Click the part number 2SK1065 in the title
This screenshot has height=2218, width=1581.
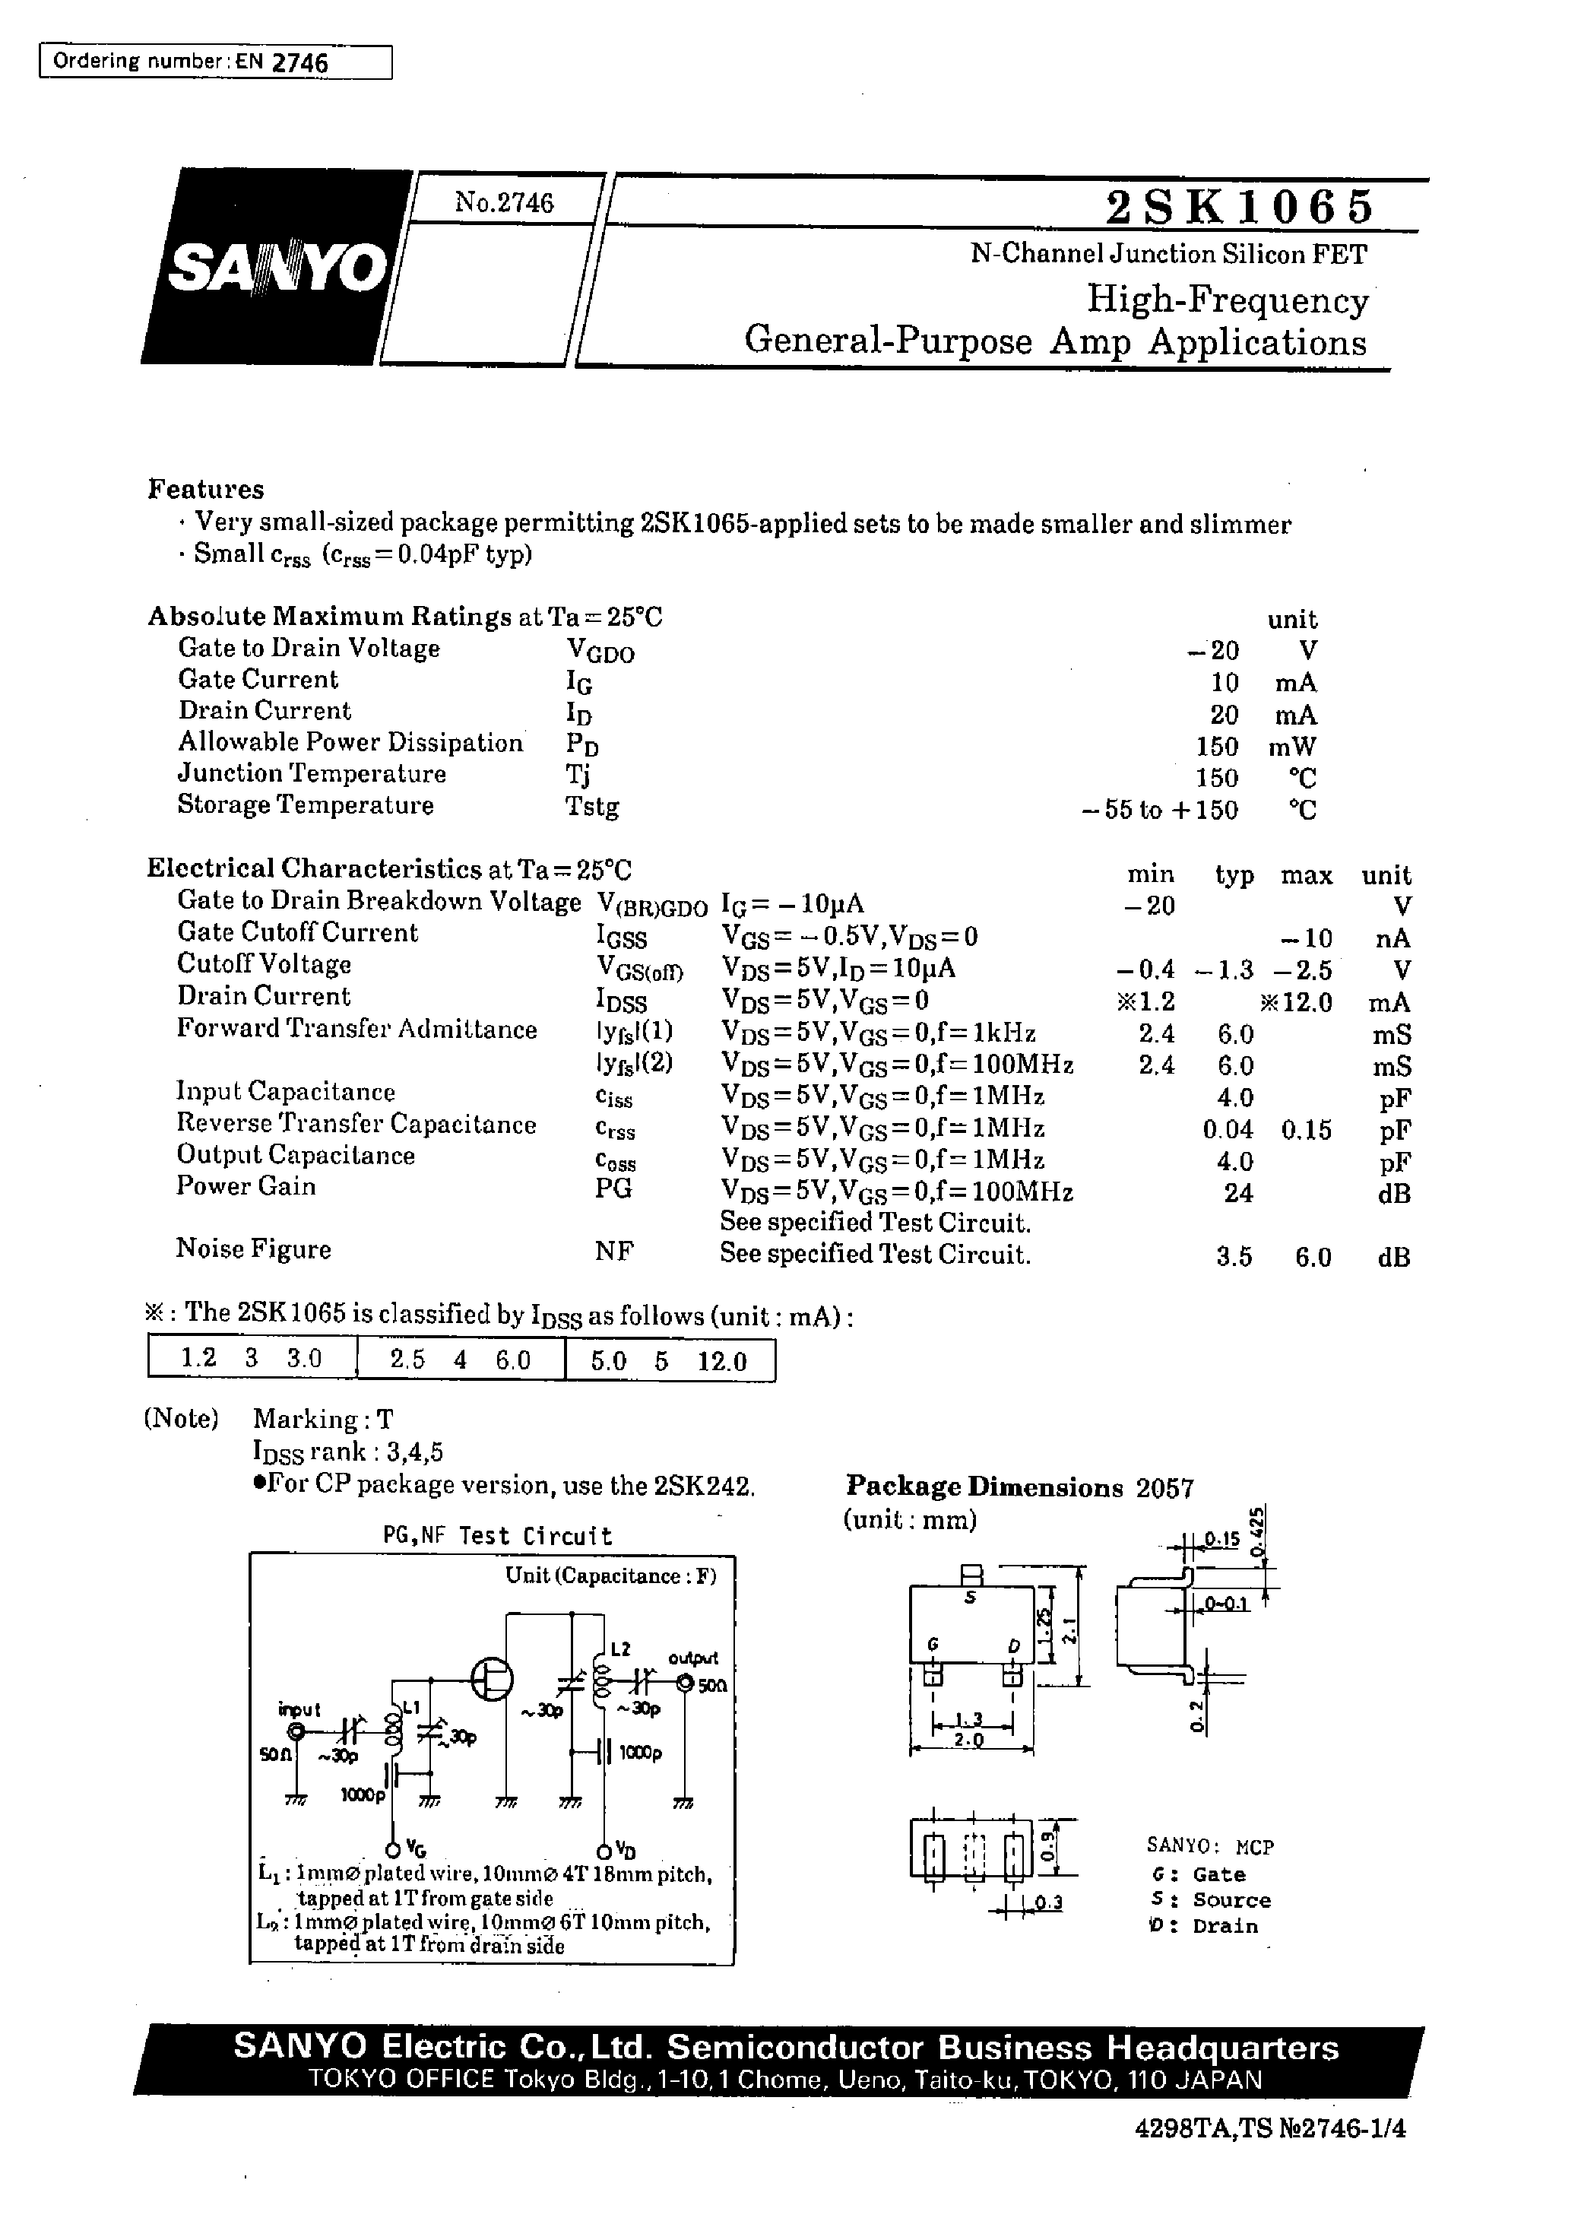click(x=1239, y=206)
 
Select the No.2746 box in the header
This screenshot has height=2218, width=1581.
click(x=503, y=202)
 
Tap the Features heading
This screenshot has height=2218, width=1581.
click(x=205, y=489)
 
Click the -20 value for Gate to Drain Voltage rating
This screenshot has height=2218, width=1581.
click(x=1210, y=650)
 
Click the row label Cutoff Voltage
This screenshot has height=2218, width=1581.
click(x=264, y=965)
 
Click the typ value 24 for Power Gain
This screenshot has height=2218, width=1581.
click(x=1237, y=1193)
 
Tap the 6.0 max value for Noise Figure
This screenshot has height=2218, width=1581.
click(x=1313, y=1258)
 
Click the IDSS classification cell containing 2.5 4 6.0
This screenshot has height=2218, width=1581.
click(x=461, y=1360)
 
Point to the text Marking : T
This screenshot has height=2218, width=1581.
click(x=322, y=1420)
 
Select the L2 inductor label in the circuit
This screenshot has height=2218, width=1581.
click(x=620, y=1648)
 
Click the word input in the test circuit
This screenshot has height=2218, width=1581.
click(x=299, y=1710)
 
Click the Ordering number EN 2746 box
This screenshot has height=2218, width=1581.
click(x=215, y=62)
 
